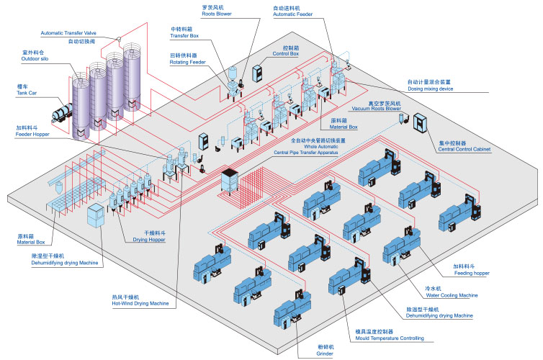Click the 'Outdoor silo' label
[x=35, y=59]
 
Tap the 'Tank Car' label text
[x=27, y=93]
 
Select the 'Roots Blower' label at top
[x=217, y=14]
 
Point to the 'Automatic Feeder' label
[x=292, y=14]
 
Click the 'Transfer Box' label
[x=184, y=36]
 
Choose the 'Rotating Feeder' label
[x=188, y=63]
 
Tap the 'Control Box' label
[x=286, y=54]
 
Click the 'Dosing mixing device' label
[x=431, y=89]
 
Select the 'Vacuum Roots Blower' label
[x=377, y=108]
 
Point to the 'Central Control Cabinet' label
[x=465, y=149]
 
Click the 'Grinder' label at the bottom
[x=325, y=354]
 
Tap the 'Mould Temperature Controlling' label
[x=390, y=338]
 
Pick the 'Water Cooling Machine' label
[x=452, y=295]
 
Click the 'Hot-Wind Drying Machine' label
[x=140, y=304]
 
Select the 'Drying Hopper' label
[x=149, y=240]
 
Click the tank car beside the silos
[x=63, y=112]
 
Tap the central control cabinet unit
[x=420, y=122]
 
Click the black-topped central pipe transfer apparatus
[x=230, y=180]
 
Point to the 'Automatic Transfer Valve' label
[x=68, y=33]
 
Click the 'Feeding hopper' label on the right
[x=472, y=273]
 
